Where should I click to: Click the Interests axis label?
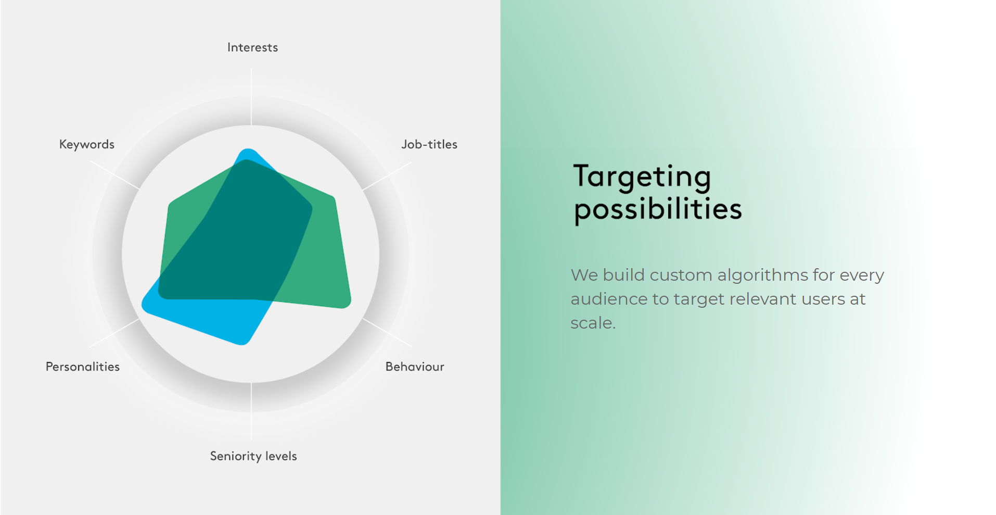(x=252, y=47)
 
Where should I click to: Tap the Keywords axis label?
(x=87, y=144)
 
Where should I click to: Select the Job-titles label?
(x=429, y=144)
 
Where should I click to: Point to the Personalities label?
(x=83, y=367)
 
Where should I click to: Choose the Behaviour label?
(x=415, y=367)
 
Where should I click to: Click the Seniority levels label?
(x=253, y=456)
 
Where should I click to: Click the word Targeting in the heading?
(x=642, y=177)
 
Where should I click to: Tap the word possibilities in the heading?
(x=658, y=210)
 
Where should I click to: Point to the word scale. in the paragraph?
(x=593, y=323)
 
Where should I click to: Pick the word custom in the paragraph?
(x=681, y=275)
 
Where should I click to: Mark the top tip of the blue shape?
(x=249, y=150)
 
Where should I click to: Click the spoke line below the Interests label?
(x=251, y=97)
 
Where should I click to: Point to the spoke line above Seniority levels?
(x=251, y=411)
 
